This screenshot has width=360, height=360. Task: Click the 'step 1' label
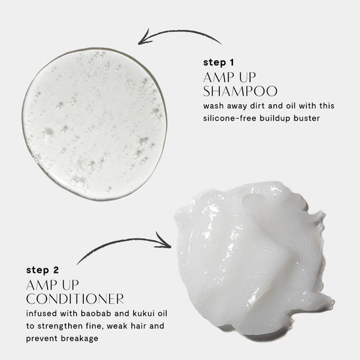coord(219,62)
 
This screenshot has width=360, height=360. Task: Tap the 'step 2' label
coord(43,270)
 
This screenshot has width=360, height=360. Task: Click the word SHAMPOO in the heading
coord(240,91)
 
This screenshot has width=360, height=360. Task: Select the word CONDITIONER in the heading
coord(75,298)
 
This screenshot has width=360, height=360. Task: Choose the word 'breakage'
coord(80,338)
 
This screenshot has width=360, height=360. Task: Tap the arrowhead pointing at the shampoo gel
coord(144,37)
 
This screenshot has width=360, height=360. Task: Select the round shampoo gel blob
coord(94,124)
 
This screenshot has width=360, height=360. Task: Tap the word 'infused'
coord(41,314)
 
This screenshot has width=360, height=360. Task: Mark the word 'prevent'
coord(42,338)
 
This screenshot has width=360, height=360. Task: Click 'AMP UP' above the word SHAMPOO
coord(229,77)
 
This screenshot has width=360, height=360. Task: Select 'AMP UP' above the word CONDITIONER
coord(52,285)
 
